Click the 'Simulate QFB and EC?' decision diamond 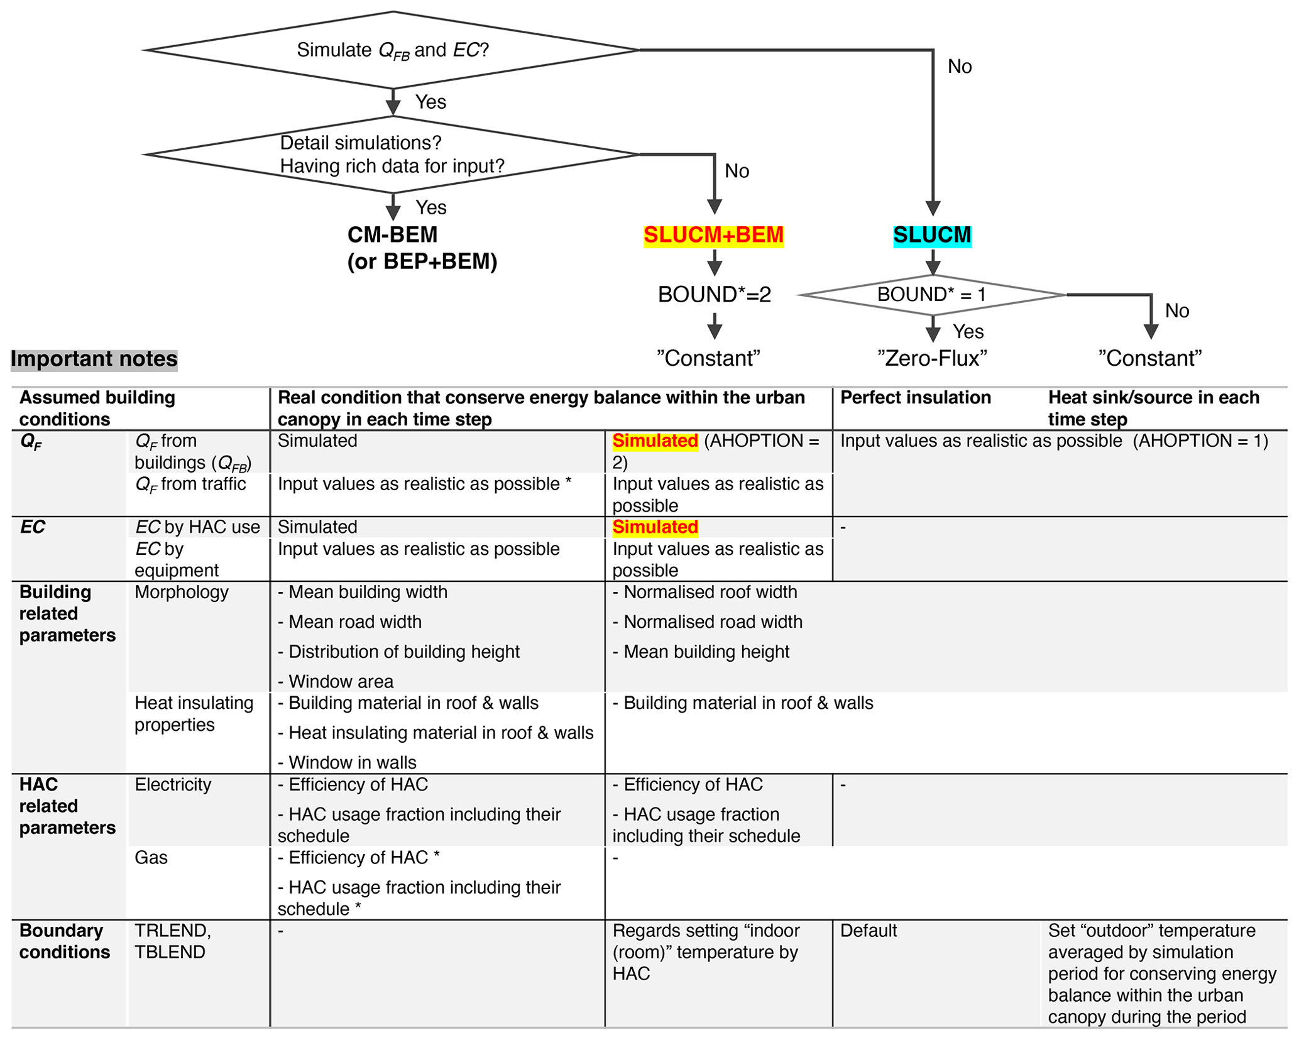click(392, 50)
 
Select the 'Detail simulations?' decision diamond click(392, 155)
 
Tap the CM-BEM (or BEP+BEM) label click(422, 248)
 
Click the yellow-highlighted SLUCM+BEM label click(713, 235)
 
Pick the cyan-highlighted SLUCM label click(932, 235)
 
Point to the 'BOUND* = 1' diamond click(932, 294)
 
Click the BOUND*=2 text click(714, 294)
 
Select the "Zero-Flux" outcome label click(932, 358)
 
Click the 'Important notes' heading click(94, 359)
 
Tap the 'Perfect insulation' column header click(915, 398)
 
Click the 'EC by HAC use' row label click(197, 527)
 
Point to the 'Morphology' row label click(182, 592)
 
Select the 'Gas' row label click(151, 858)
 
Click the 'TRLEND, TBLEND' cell click(173, 941)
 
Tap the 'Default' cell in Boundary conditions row click(868, 931)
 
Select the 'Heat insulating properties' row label click(194, 714)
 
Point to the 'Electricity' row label click(173, 785)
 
